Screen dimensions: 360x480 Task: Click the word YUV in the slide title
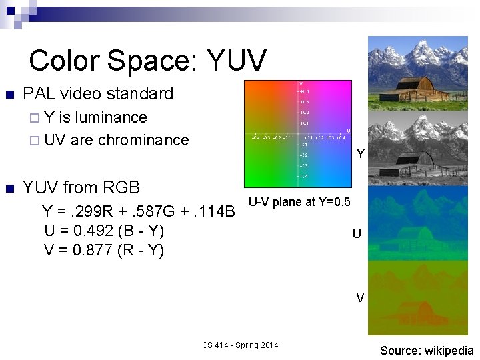point(237,60)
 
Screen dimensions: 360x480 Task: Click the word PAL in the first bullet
point(39,93)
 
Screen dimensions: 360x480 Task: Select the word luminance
point(111,117)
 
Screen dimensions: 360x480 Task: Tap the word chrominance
point(143,140)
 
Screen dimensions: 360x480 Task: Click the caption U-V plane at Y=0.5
point(299,202)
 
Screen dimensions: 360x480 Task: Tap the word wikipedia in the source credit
point(447,351)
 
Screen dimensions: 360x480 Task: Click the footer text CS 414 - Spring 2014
point(240,345)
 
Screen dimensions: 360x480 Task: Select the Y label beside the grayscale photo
point(360,154)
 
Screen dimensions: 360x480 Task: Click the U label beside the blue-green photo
point(357,234)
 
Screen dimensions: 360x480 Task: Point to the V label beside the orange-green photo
point(360,298)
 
